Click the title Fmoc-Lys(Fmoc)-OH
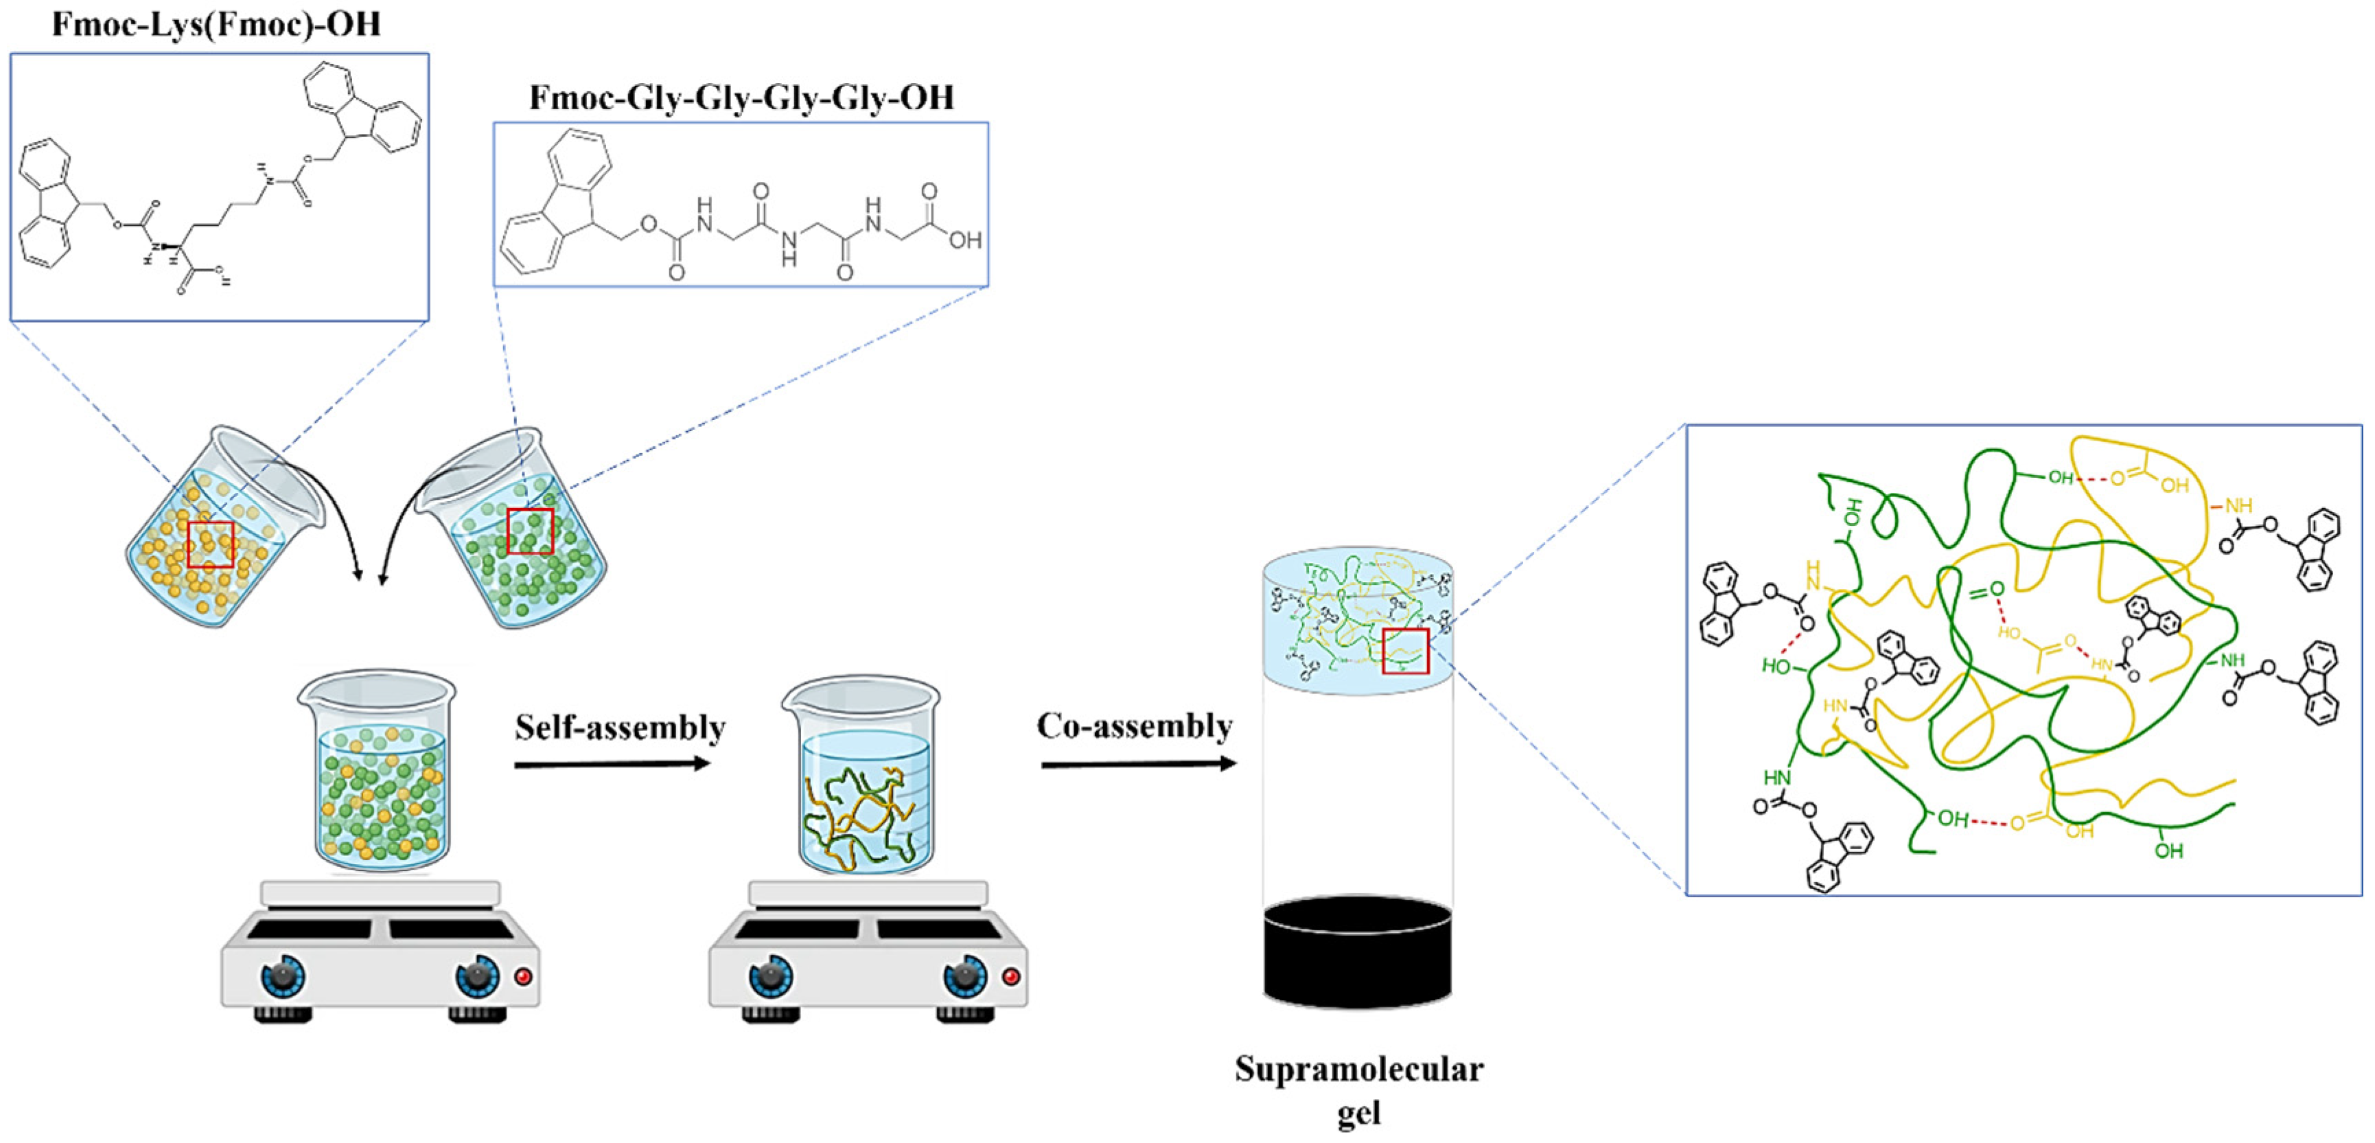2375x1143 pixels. click(x=216, y=24)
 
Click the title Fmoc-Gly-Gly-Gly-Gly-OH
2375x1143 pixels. click(x=741, y=97)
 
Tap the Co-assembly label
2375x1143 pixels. click(x=1134, y=726)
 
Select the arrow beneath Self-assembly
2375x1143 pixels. click(x=612, y=764)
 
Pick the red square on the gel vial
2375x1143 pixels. click(x=1405, y=651)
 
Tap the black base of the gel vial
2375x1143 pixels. click(x=1357, y=954)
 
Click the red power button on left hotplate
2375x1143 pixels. click(x=523, y=976)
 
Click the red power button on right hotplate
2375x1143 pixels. click(x=1010, y=976)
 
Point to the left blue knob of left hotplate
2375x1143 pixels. click(x=282, y=976)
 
